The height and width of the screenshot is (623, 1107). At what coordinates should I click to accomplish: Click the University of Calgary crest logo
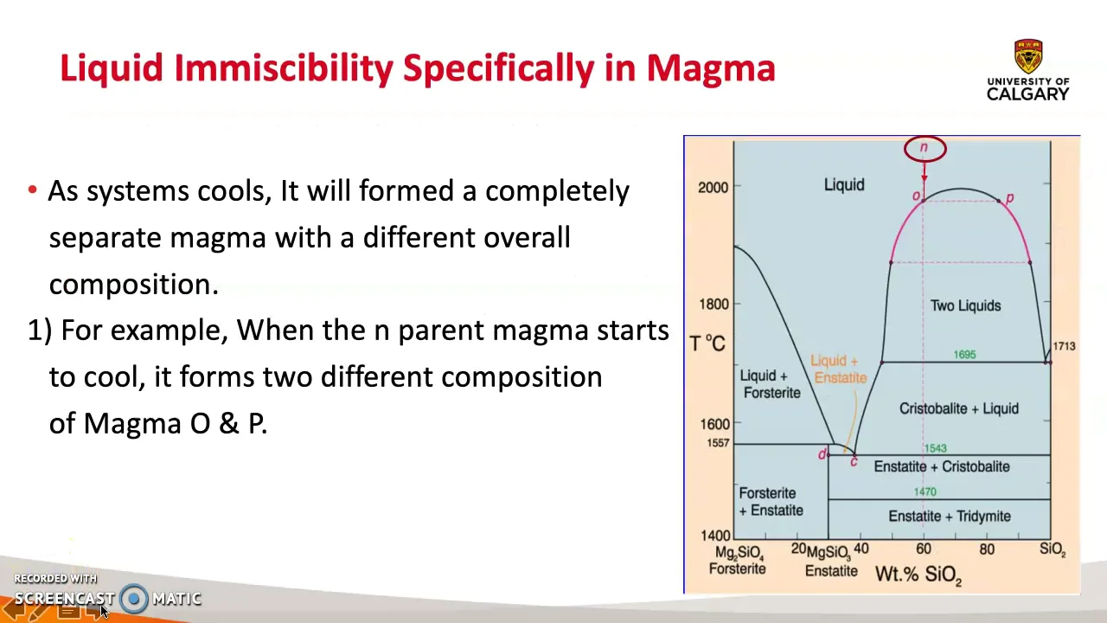point(1028,56)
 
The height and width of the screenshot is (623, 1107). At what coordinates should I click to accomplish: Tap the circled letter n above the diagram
point(925,148)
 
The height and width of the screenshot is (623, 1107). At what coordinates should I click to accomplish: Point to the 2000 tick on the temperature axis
point(713,187)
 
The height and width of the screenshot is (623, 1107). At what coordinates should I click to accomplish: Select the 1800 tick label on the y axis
point(713,304)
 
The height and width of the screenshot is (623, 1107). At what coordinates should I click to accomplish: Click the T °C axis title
point(707,344)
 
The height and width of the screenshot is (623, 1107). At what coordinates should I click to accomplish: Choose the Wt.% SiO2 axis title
point(918,574)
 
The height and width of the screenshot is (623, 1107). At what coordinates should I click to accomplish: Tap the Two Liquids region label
point(965,305)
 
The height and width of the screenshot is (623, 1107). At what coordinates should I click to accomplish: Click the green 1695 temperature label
point(964,355)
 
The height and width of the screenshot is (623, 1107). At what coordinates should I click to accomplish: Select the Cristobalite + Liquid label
point(958,408)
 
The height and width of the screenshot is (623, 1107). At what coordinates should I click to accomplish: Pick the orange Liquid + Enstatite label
point(837,369)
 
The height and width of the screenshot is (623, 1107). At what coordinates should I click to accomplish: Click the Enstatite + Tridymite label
point(949,517)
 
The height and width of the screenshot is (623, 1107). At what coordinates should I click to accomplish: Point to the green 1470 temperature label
point(925,491)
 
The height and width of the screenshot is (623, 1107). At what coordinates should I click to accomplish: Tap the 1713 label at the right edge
point(1064,346)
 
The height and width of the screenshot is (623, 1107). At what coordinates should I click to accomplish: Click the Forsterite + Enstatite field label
point(771,502)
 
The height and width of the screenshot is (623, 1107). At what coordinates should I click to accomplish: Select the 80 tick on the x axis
point(987,549)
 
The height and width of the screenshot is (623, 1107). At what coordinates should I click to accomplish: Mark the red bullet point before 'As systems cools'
point(32,190)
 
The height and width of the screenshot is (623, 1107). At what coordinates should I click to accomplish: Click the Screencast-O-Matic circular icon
point(134,599)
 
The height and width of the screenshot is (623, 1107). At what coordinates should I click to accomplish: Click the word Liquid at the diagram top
point(843,185)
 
